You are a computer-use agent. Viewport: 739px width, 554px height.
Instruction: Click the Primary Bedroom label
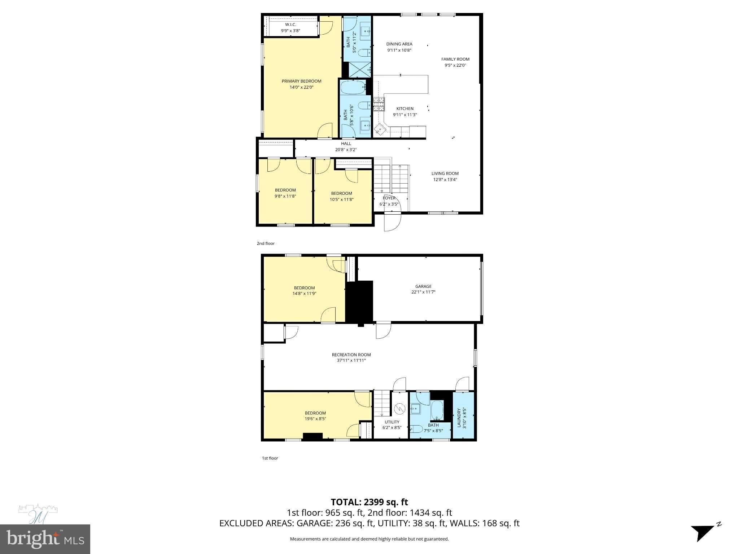(x=301, y=81)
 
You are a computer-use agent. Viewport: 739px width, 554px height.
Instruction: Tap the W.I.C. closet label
(x=290, y=25)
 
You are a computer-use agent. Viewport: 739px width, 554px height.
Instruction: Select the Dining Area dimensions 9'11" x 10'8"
(x=399, y=50)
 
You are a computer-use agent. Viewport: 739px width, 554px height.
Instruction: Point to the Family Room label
(x=455, y=59)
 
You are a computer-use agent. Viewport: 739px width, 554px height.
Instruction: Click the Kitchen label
(x=405, y=109)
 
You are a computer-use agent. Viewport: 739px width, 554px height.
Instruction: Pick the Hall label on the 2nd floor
(x=346, y=144)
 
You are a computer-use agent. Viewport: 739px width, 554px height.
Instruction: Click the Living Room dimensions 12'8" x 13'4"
(x=445, y=180)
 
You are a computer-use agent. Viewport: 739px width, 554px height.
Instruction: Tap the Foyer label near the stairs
(x=389, y=198)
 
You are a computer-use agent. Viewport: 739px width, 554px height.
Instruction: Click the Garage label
(x=423, y=286)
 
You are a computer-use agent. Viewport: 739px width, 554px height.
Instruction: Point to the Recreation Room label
(x=351, y=355)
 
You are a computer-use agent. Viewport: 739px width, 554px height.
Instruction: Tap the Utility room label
(x=392, y=422)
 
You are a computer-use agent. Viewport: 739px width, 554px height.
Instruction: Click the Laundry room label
(x=459, y=418)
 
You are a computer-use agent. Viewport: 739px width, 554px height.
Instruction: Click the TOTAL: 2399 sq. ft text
(x=369, y=502)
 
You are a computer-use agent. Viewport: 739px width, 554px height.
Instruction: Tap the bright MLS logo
(x=45, y=539)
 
